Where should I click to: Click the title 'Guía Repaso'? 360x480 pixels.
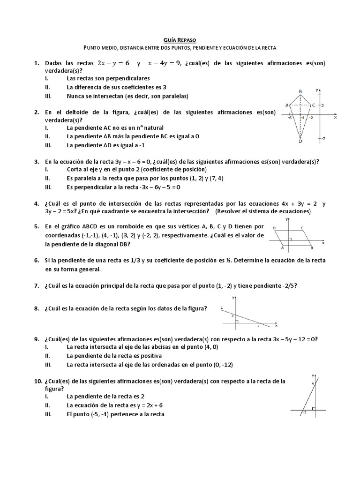click(x=180, y=40)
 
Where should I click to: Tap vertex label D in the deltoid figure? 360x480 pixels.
click(x=300, y=142)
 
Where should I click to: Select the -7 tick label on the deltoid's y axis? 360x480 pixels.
click(x=323, y=138)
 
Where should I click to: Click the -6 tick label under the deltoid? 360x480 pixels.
click(x=291, y=118)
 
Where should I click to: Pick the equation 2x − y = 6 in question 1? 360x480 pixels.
click(x=113, y=63)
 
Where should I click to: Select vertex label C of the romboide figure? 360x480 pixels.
click(x=302, y=229)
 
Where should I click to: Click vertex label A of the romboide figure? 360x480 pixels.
click(x=282, y=249)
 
